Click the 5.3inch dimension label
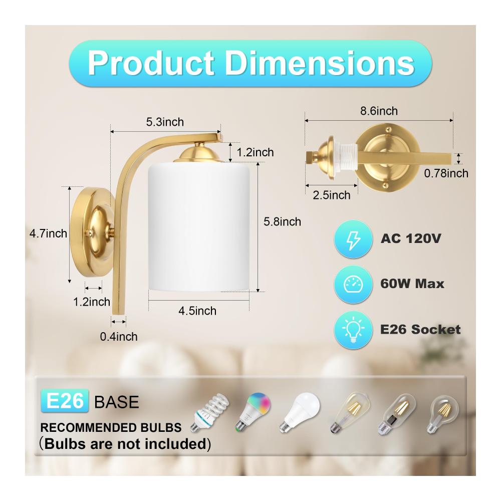pos(165,122)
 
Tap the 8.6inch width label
pos(379,111)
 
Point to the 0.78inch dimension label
pos(446,173)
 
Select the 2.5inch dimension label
pos(331,195)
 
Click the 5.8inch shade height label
pos(282,222)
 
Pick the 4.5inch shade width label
pos(197,311)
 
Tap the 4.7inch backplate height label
pos(48,233)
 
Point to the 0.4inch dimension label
pos(119,337)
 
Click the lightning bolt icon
pos(353,239)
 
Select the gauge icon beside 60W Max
pos(353,284)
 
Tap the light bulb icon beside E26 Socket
pos(353,330)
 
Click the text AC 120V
pos(411,238)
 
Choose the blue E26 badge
pos(65,401)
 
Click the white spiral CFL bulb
pos(210,412)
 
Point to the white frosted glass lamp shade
pos(199,227)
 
